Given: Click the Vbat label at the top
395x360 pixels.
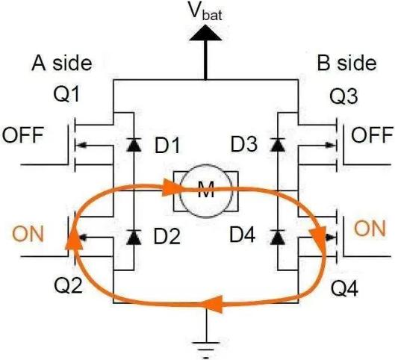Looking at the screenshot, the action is [206, 11].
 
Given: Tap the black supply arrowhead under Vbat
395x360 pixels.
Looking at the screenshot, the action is [205, 33].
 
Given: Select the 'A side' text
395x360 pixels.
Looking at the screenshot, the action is [62, 63].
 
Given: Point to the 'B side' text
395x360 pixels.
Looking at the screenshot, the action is [346, 63].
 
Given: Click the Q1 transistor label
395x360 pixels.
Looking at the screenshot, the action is [66, 95].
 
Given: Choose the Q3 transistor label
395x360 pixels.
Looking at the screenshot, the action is [343, 97].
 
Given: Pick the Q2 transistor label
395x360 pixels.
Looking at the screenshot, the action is [68, 286].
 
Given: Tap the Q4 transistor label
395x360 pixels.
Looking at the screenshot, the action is [344, 288].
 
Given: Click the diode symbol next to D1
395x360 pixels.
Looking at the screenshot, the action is [134, 145].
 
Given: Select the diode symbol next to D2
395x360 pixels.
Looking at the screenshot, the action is [134, 237].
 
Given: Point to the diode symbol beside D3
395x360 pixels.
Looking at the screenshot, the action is [277, 145].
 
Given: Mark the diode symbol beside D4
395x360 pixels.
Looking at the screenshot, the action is [277, 237].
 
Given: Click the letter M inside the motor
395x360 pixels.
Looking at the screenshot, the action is [206, 190].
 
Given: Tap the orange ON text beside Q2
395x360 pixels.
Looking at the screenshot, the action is [28, 234].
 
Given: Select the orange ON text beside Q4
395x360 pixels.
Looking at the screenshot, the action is [370, 229].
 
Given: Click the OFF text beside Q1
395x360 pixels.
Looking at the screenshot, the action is [23, 135].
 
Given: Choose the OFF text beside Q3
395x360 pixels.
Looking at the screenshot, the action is [372, 135].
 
